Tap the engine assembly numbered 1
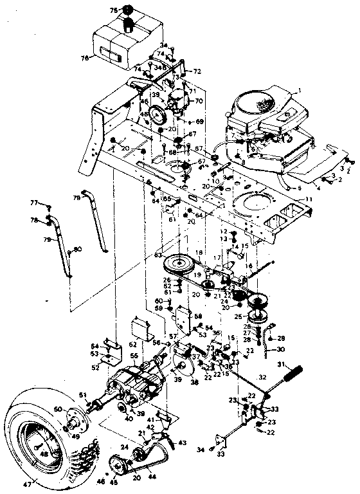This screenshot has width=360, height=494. (264, 122)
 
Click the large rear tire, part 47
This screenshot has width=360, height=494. (48, 444)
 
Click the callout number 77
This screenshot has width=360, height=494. (34, 203)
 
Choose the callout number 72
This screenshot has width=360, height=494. (197, 70)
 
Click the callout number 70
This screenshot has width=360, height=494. (199, 101)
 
